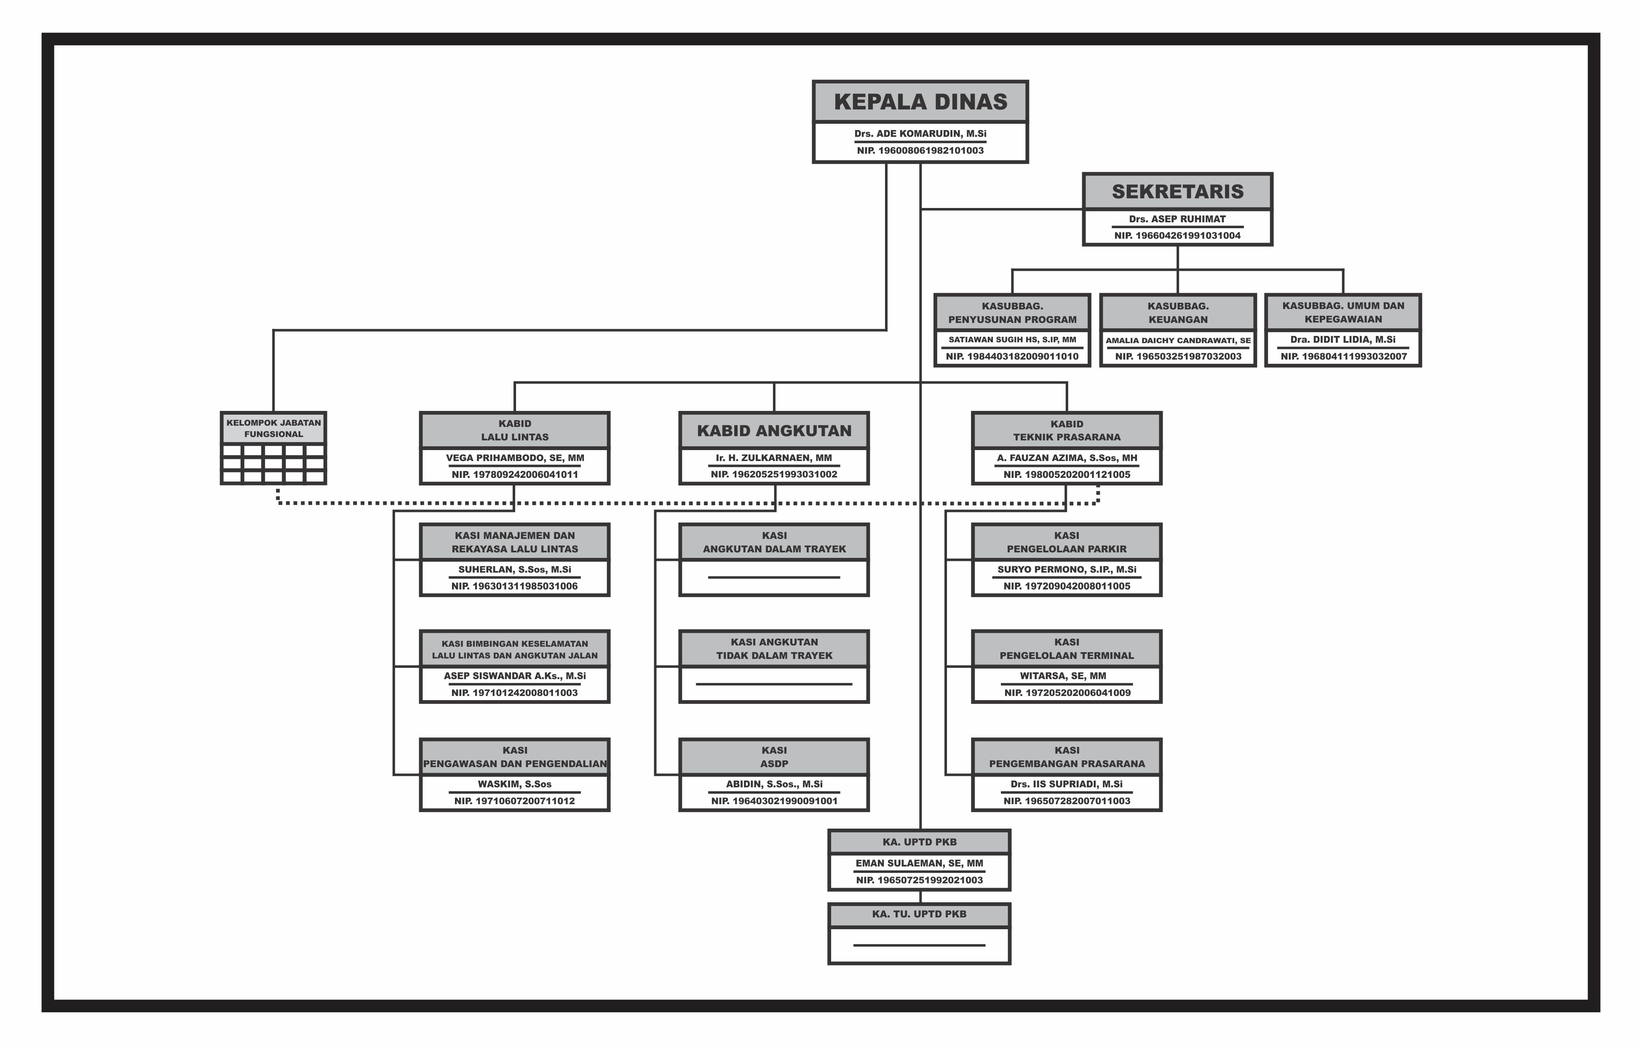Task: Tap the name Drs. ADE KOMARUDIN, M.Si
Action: coord(920,133)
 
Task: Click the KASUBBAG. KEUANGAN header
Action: coord(1178,313)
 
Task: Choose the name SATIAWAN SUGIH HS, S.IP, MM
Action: coord(1012,339)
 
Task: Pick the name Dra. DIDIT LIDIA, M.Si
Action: coord(1342,339)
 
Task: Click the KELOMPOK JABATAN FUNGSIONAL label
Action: coord(273,428)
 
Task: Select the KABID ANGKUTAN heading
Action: coord(774,431)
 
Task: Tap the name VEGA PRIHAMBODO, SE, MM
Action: coord(515,458)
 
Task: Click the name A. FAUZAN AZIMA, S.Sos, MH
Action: coord(1067,458)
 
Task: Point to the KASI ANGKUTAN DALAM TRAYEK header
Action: coord(774,542)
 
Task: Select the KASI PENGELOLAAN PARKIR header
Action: coord(1067,542)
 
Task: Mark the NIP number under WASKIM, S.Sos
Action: coord(515,801)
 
